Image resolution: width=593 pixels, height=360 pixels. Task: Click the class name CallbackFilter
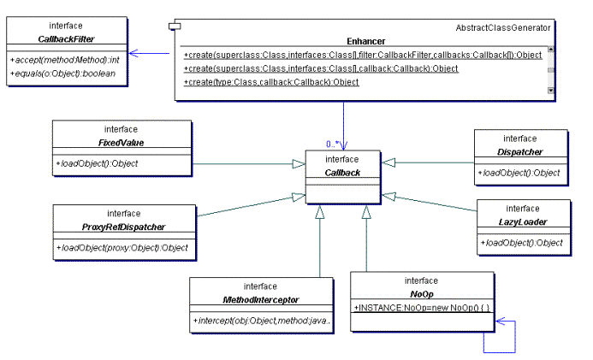pos(66,38)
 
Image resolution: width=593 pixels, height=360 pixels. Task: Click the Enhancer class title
pos(365,40)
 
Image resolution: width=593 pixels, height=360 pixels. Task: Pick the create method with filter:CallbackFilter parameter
pos(363,55)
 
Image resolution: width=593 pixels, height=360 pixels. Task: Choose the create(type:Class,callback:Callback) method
pos(271,82)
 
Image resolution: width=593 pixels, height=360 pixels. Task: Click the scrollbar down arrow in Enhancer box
pos(550,89)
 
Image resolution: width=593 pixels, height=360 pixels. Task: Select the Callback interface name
pos(341,172)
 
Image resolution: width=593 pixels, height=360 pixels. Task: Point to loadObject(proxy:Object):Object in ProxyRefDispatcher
pos(122,248)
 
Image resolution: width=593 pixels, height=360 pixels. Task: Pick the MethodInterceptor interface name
pos(259,298)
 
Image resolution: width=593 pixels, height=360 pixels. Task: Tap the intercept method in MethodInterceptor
pos(259,321)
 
